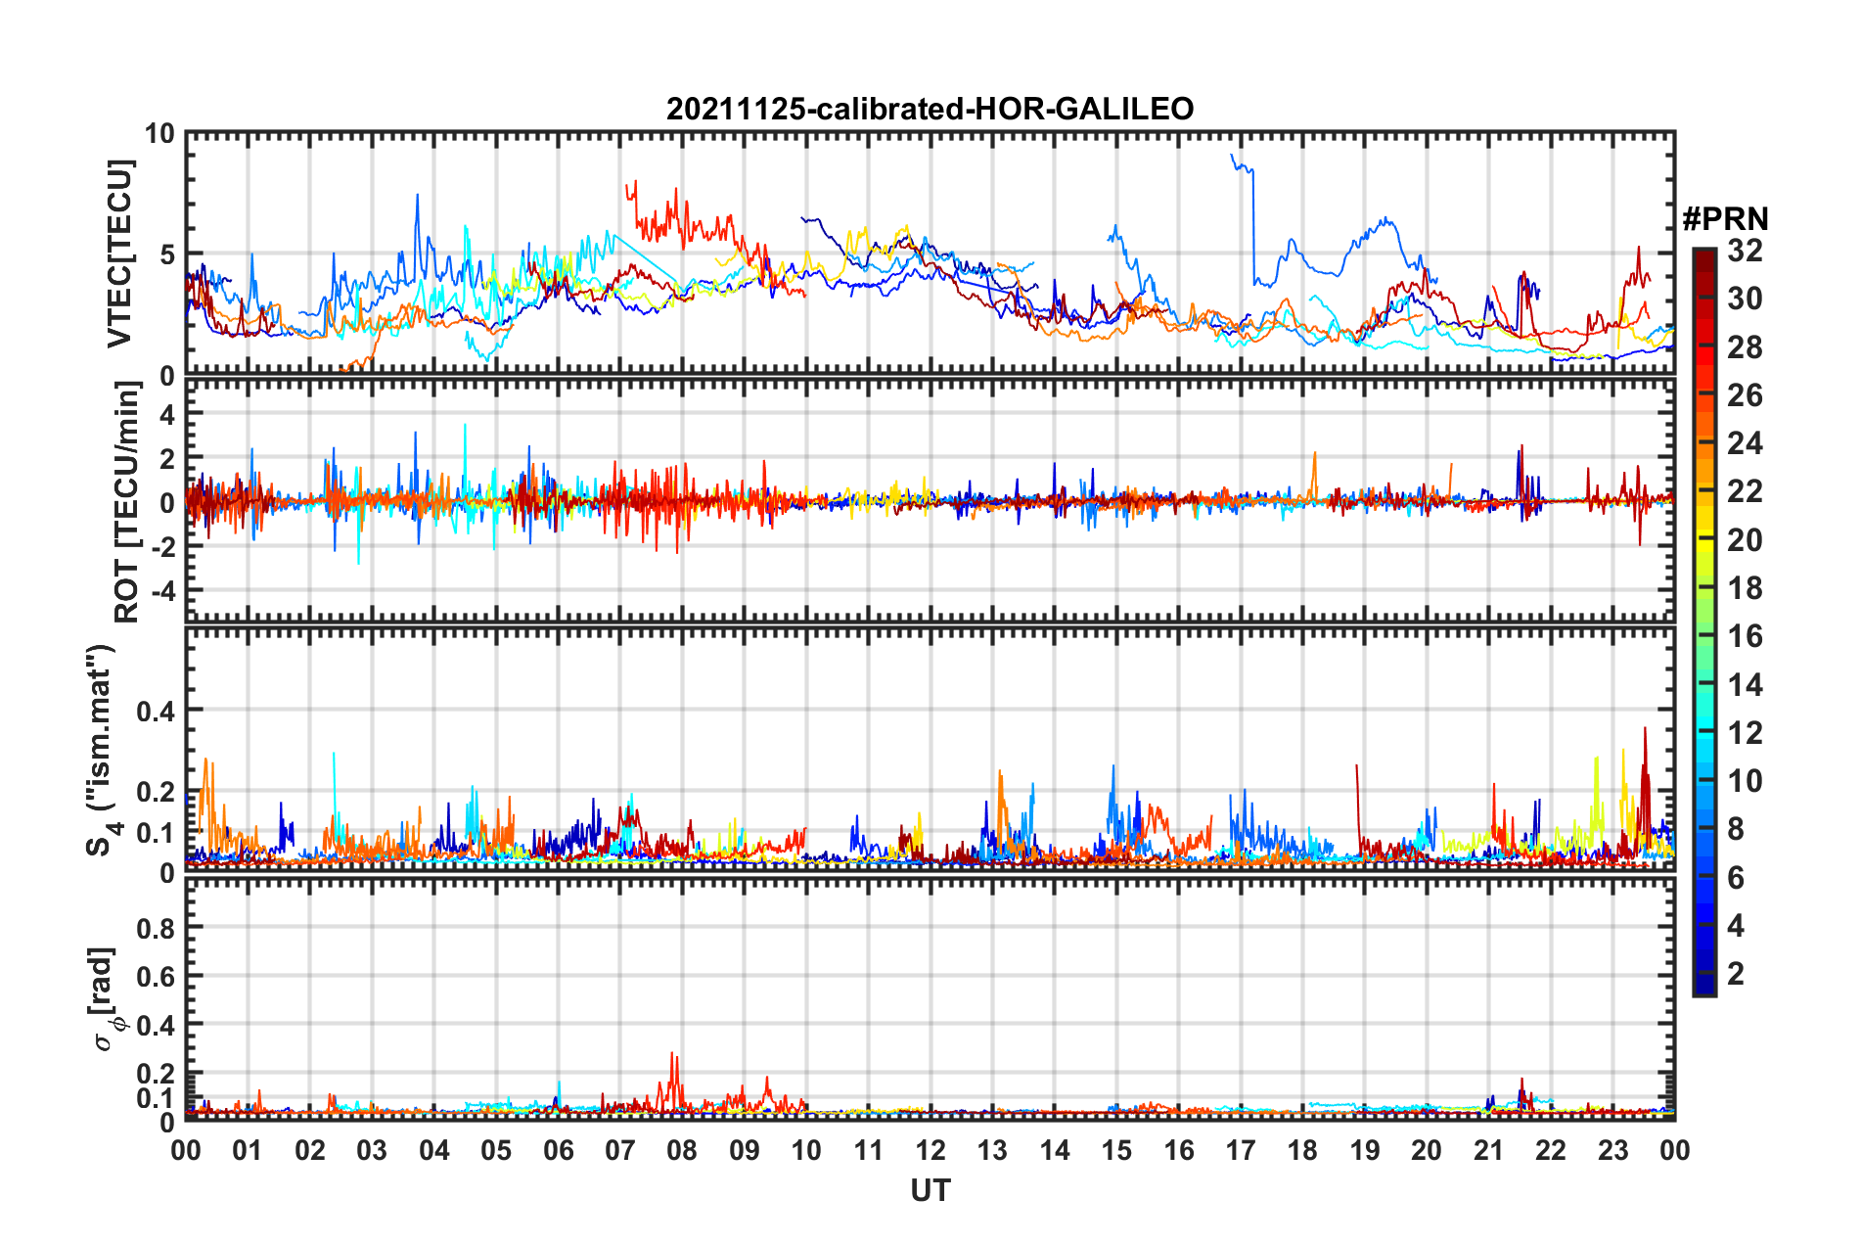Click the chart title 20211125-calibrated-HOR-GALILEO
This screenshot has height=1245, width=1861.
(x=930, y=109)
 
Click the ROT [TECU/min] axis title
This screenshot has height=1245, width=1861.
(x=127, y=502)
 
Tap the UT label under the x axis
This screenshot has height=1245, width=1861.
(x=930, y=1190)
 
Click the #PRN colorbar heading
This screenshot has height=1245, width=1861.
(x=1725, y=219)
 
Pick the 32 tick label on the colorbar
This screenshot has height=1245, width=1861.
(x=1745, y=251)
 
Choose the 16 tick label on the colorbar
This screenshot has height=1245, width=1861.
(x=1745, y=636)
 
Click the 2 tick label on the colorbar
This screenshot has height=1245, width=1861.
(x=1736, y=974)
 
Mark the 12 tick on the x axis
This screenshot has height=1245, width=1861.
(x=930, y=1150)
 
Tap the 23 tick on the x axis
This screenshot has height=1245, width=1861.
(x=1612, y=1150)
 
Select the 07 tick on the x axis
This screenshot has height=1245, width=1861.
(x=620, y=1150)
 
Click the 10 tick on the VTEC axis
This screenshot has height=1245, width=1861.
(x=159, y=134)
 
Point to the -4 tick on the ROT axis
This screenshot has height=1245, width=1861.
(x=159, y=591)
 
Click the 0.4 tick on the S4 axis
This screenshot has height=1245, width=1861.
(x=156, y=711)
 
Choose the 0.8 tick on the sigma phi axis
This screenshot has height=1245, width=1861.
(x=156, y=927)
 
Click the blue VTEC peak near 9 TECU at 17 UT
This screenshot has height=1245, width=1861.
(x=1234, y=156)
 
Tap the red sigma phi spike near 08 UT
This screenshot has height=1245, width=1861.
(x=672, y=1055)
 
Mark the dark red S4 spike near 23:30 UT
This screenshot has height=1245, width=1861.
(x=1645, y=729)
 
